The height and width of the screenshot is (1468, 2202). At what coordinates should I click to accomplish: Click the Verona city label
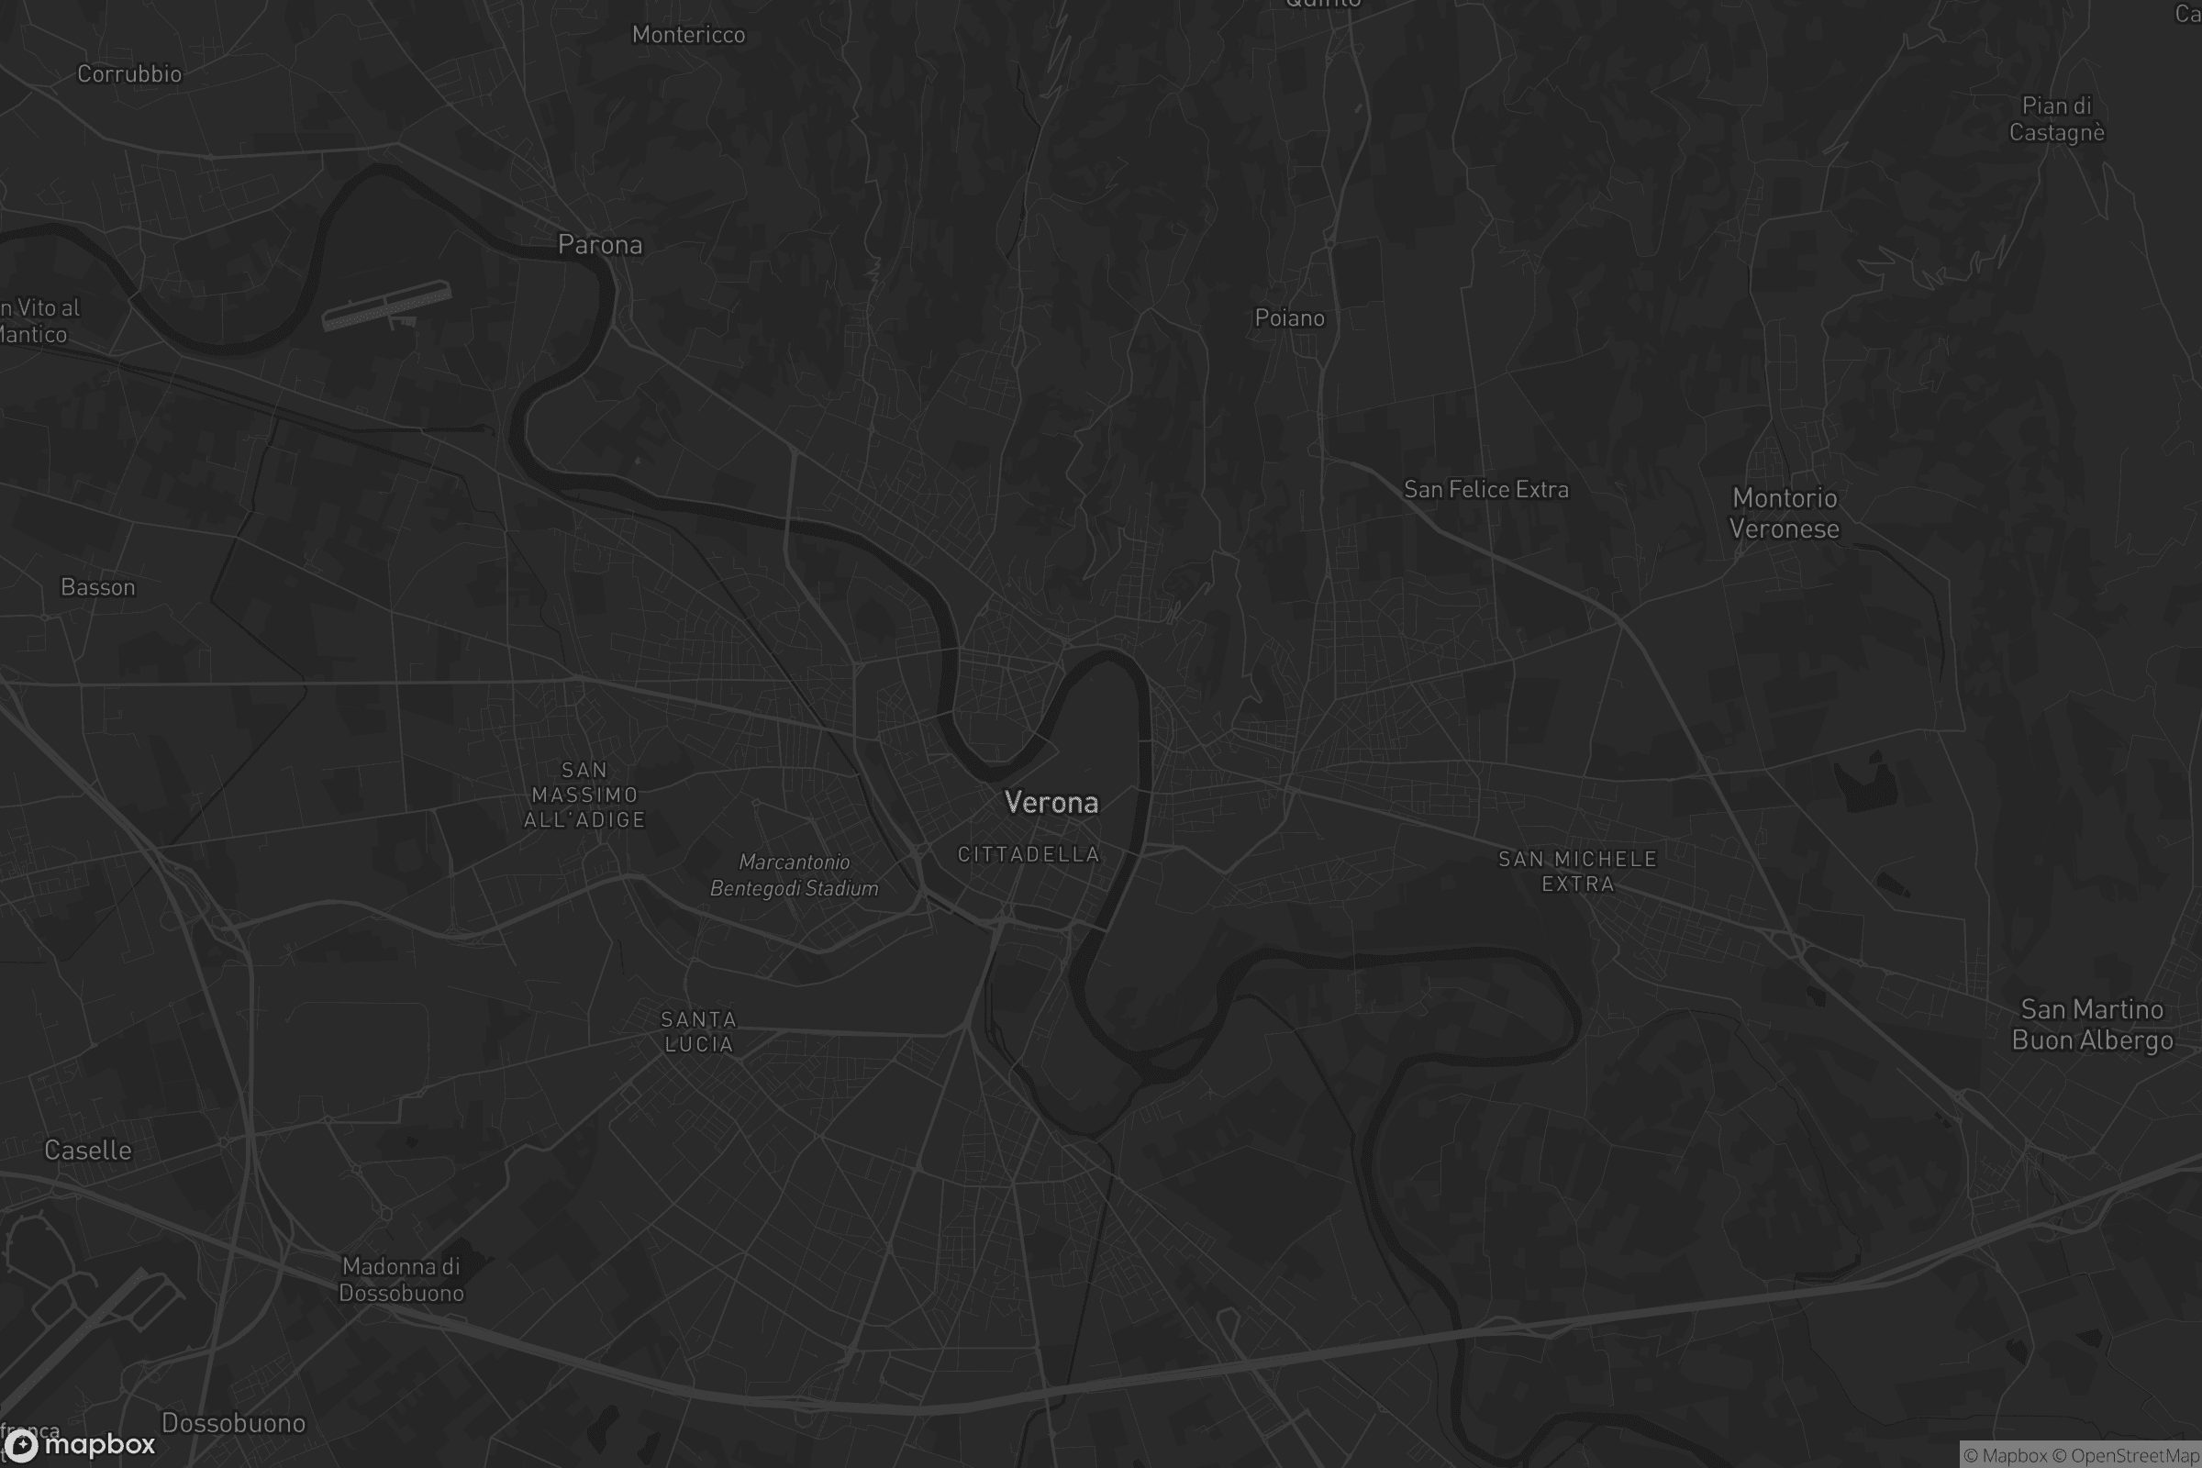tap(1051, 802)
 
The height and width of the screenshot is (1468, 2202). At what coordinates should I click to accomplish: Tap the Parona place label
tap(600, 245)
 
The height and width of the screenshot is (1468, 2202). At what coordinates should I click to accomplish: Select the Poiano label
tap(1289, 318)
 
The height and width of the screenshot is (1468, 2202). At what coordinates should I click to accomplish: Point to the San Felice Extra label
tap(1485, 490)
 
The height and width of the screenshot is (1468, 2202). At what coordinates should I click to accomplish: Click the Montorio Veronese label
tap(1785, 514)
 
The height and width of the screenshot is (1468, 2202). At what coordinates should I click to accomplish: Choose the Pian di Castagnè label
tap(2056, 119)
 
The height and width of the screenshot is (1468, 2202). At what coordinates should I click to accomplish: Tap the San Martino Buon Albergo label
tap(2092, 1025)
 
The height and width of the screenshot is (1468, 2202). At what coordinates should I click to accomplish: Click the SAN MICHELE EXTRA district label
tap(1577, 872)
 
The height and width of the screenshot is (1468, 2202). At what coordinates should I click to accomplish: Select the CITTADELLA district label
tap(1028, 854)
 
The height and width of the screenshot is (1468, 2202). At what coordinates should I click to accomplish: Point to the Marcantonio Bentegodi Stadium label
tap(794, 875)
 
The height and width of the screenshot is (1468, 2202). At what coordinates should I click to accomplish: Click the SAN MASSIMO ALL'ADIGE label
tap(584, 795)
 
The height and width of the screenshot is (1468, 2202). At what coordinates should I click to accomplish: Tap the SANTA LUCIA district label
tap(698, 1031)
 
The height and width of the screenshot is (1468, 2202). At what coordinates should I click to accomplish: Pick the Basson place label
tap(98, 587)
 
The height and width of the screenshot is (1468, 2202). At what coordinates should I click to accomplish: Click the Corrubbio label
tap(129, 74)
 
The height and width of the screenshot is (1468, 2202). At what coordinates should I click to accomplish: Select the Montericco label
tap(688, 35)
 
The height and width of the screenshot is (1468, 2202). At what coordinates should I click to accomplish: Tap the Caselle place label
tap(88, 1151)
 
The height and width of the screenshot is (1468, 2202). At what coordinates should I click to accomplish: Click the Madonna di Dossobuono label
tap(401, 1280)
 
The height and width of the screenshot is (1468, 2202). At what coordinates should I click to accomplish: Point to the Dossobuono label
tap(233, 1423)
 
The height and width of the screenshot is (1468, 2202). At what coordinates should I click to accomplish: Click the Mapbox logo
tap(79, 1444)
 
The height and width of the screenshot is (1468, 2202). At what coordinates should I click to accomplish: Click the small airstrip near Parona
tap(385, 306)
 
